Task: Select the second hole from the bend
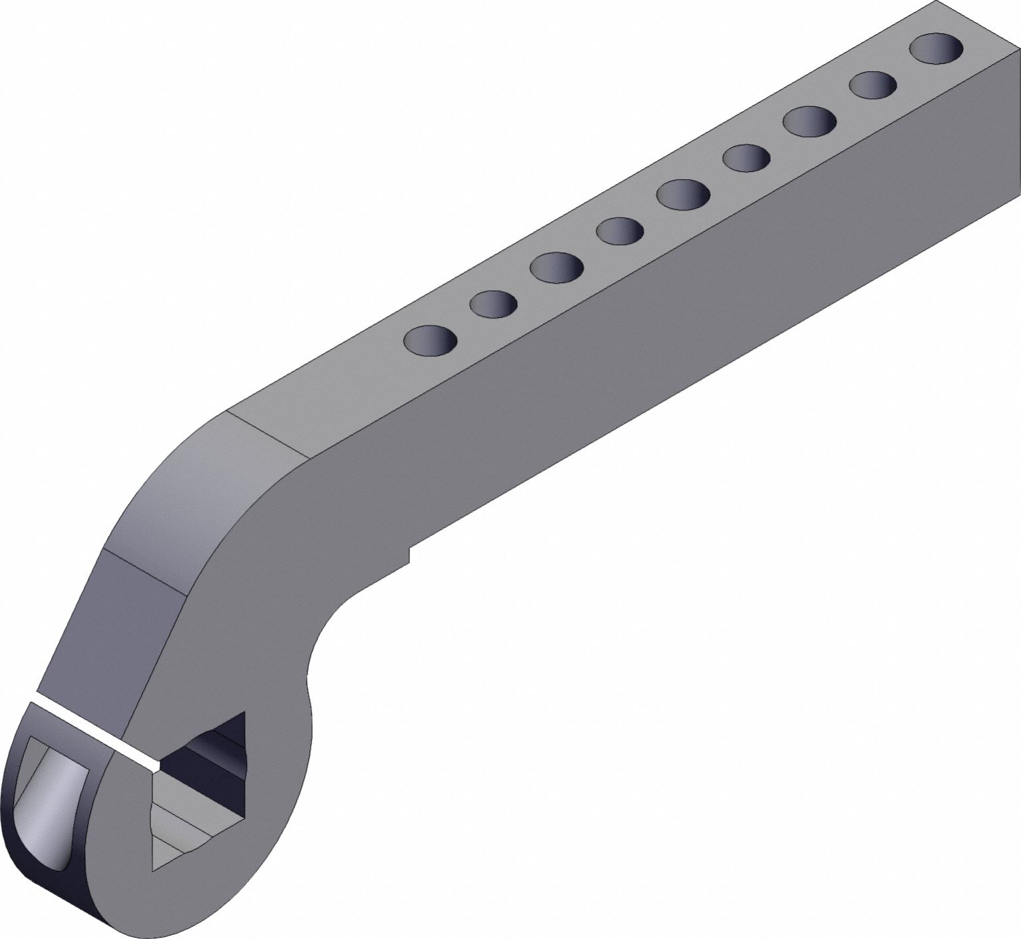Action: point(493,304)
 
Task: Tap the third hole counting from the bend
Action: point(557,266)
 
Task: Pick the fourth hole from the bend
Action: point(620,231)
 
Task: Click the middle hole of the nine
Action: point(684,194)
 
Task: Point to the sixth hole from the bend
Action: point(747,158)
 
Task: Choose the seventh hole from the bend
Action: point(810,121)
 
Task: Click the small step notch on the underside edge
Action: point(409,554)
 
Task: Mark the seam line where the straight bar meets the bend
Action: point(268,434)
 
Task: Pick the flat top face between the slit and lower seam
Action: point(113,639)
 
